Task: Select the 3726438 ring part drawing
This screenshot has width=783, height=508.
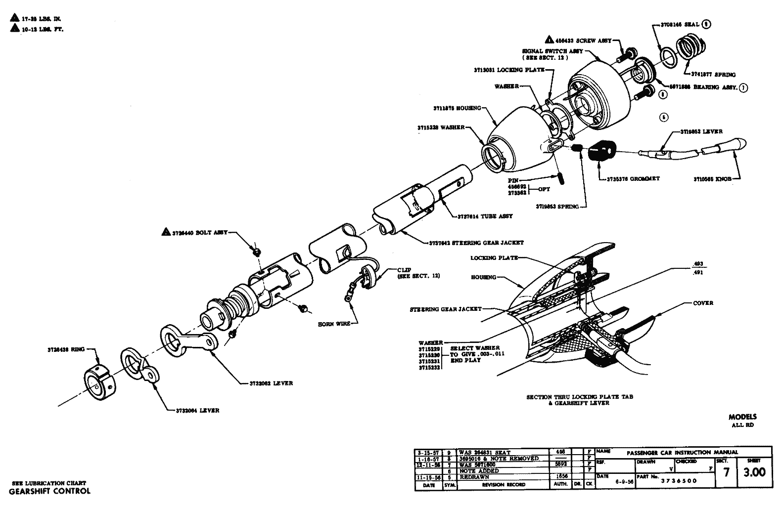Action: (98, 381)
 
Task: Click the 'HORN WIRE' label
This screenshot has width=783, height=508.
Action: (334, 324)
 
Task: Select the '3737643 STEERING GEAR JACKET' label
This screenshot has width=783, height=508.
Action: (476, 243)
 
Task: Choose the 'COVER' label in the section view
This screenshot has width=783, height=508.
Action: (703, 303)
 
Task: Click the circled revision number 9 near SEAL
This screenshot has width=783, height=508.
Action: (706, 24)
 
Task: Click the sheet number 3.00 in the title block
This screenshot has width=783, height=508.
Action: (754, 472)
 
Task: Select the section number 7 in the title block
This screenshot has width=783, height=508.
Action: (726, 472)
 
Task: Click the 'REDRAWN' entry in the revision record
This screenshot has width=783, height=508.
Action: (474, 477)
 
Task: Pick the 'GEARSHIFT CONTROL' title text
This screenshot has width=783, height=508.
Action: (49, 491)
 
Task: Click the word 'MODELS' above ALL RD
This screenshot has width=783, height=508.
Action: (742, 417)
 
